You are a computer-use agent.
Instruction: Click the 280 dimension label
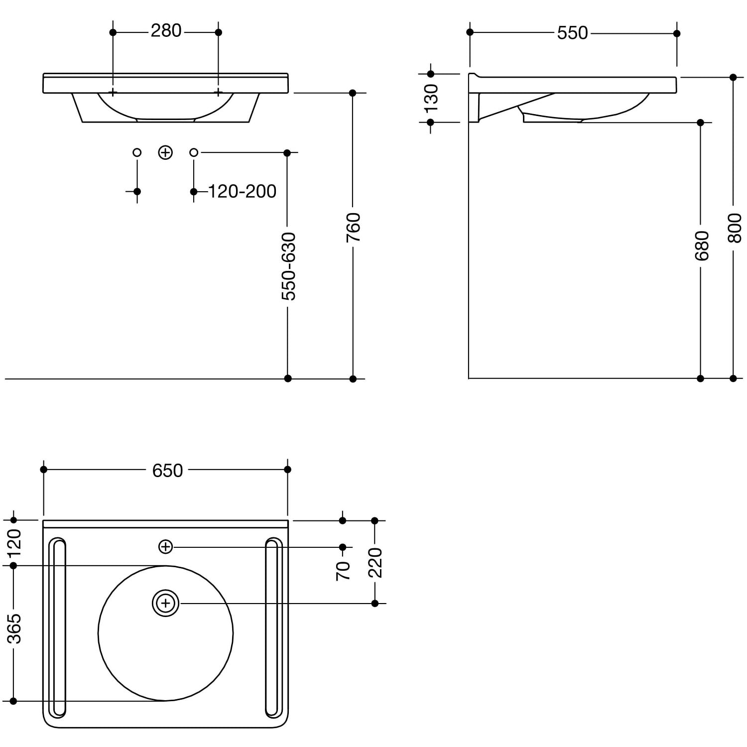click(166, 31)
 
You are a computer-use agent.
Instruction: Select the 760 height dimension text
click(353, 228)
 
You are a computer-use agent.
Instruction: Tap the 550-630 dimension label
click(288, 266)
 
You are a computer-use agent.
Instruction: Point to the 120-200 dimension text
click(242, 191)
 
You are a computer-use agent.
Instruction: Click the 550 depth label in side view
click(573, 33)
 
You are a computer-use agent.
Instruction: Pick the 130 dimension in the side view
click(431, 98)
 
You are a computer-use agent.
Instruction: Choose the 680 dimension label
click(701, 246)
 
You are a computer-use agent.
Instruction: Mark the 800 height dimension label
click(734, 228)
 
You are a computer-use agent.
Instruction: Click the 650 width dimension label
click(167, 471)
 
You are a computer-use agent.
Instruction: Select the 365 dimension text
click(14, 628)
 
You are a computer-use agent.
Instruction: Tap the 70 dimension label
click(343, 571)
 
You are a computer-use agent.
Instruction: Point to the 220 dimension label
click(375, 562)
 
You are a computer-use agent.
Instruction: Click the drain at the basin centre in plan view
click(165, 604)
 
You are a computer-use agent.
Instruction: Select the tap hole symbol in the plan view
click(165, 547)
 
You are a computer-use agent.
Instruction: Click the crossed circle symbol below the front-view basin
click(165, 152)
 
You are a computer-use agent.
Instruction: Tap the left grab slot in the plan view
click(58, 627)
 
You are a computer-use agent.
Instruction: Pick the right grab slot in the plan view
click(273, 627)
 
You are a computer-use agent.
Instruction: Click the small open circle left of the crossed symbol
click(137, 152)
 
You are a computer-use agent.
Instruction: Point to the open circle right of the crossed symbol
click(194, 152)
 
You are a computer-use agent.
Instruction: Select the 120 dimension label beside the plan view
click(14, 543)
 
